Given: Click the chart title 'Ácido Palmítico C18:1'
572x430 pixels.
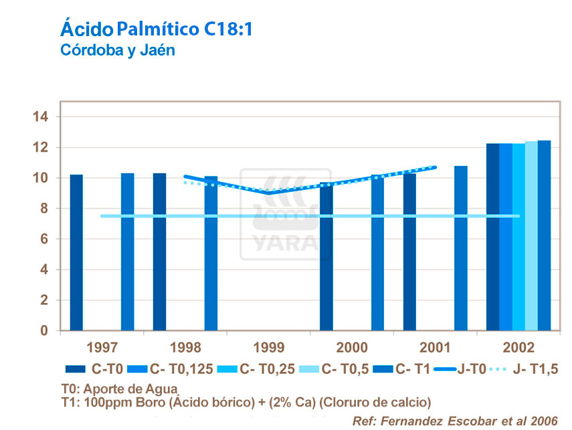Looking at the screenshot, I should tap(157, 29).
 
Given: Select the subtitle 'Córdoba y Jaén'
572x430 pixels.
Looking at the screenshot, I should tap(118, 50).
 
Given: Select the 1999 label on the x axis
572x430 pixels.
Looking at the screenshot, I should tap(268, 348).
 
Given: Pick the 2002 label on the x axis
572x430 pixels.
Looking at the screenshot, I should tap(518, 348).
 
